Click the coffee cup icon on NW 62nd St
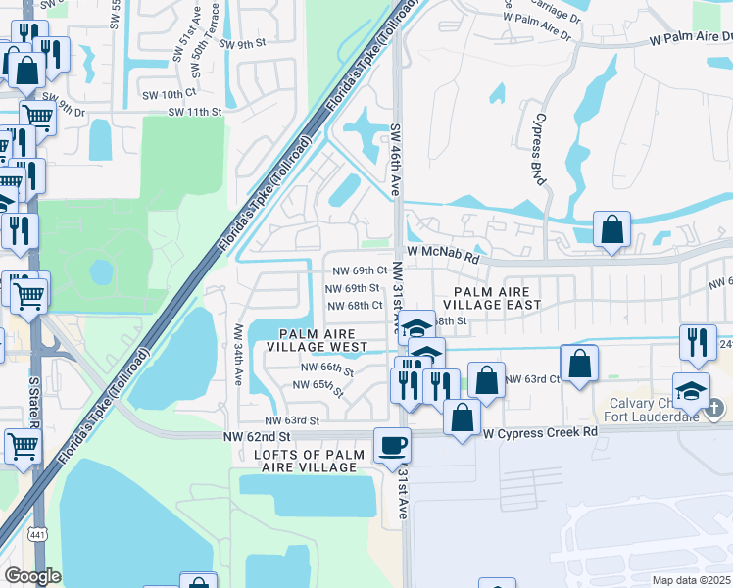(392, 445)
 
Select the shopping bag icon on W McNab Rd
(611, 231)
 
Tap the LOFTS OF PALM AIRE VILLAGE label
(305, 461)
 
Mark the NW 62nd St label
(258, 435)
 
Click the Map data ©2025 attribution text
(691, 580)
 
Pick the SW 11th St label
(195, 112)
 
